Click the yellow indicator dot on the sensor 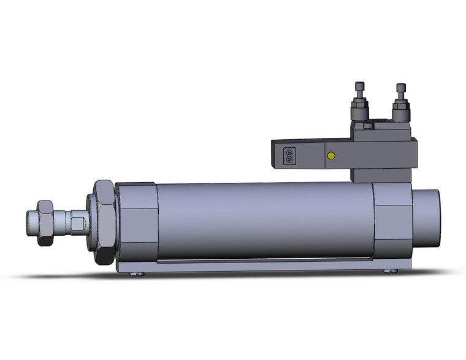331,156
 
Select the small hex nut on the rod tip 44,223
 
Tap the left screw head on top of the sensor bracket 359,87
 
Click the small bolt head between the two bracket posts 368,127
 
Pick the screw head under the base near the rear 388,271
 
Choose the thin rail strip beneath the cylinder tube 264,261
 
